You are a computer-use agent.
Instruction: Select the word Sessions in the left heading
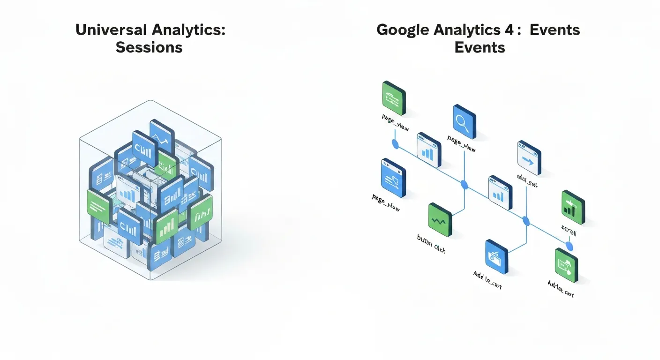point(149,47)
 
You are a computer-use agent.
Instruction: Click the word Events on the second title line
point(480,47)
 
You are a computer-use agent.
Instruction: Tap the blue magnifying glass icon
point(464,121)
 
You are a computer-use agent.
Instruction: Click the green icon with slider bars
point(393,98)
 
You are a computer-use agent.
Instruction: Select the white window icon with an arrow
point(529,158)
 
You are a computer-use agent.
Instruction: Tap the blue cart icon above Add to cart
point(496,257)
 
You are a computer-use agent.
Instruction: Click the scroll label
point(569,232)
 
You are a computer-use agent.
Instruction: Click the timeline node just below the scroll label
point(570,246)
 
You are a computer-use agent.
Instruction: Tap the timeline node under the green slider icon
point(395,143)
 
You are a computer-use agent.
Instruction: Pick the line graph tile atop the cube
point(162,136)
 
